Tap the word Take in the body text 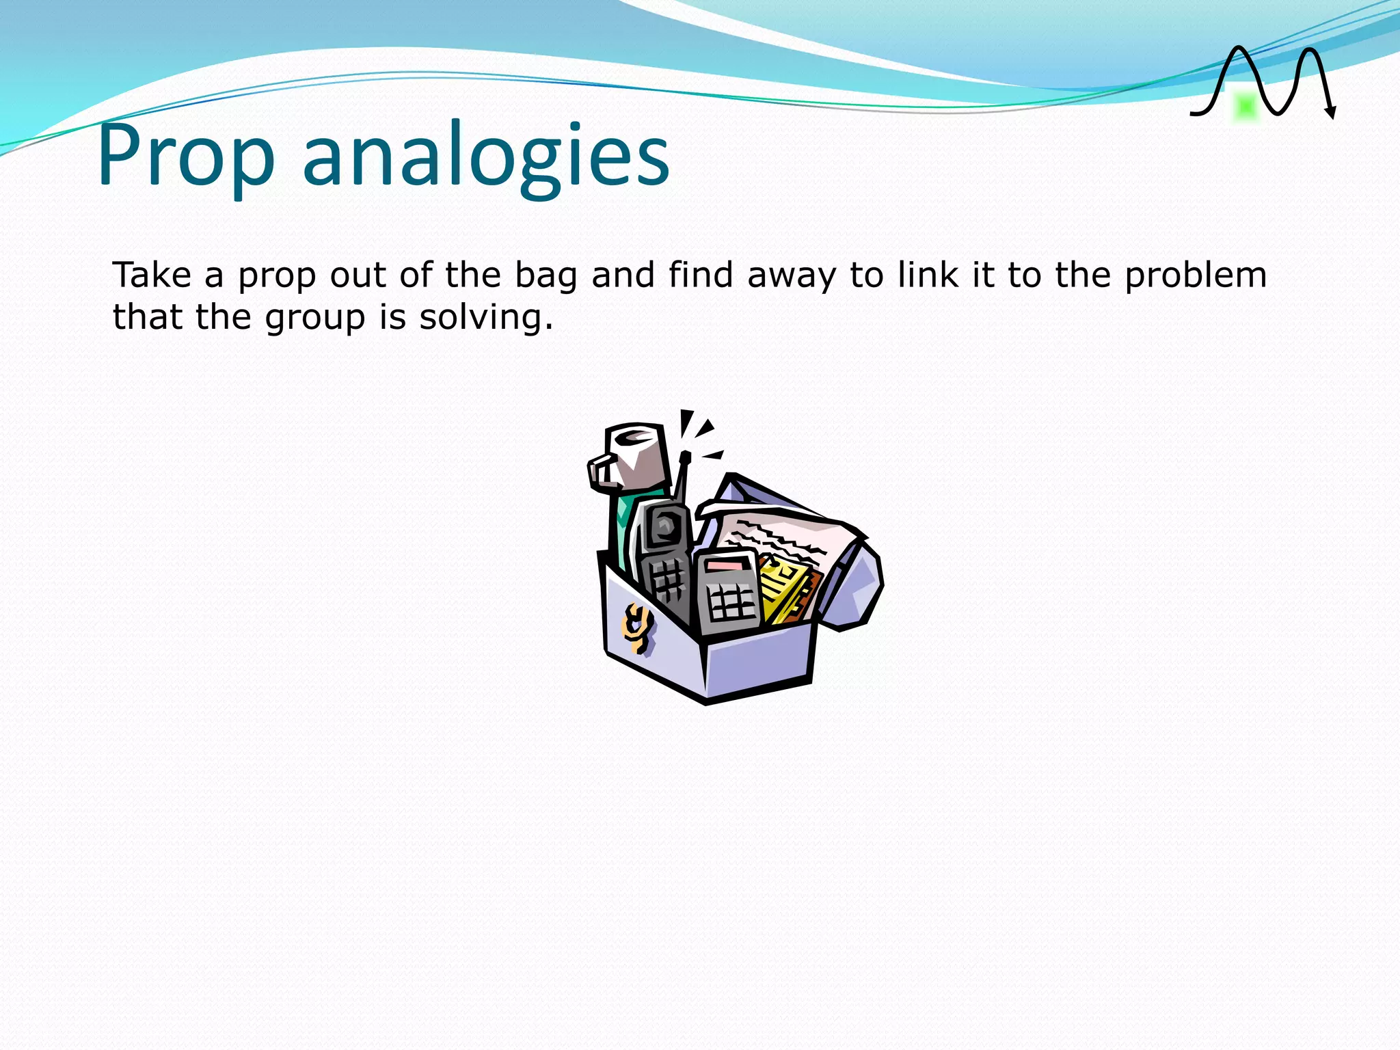tap(152, 275)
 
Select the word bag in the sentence tap(546, 276)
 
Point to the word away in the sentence tap(792, 276)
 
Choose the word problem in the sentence tap(1196, 276)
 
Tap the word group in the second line tap(315, 319)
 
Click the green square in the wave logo tap(1246, 107)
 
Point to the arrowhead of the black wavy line tap(1330, 113)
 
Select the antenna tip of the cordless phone tap(686, 456)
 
